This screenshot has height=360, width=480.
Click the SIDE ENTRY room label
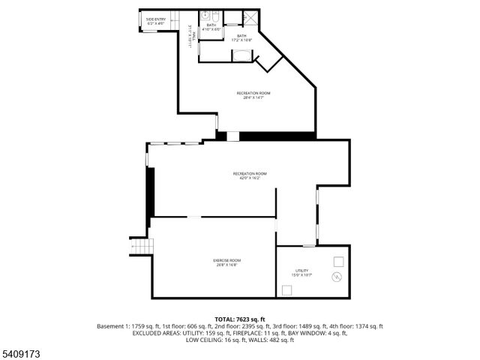point(156,21)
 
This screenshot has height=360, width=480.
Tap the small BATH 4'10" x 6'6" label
point(211,26)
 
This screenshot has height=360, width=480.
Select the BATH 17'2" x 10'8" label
point(241,37)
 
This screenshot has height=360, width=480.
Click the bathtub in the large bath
point(243,55)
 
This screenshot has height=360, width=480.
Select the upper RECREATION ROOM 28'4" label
point(253,94)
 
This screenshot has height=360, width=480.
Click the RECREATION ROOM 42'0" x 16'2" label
point(250,175)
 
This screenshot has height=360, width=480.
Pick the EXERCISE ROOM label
point(228,262)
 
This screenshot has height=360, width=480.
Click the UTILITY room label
point(301,272)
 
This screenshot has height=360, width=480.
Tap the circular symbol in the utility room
point(337,277)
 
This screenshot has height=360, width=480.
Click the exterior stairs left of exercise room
point(142,246)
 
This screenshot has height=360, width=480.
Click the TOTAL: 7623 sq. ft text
point(240,319)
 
